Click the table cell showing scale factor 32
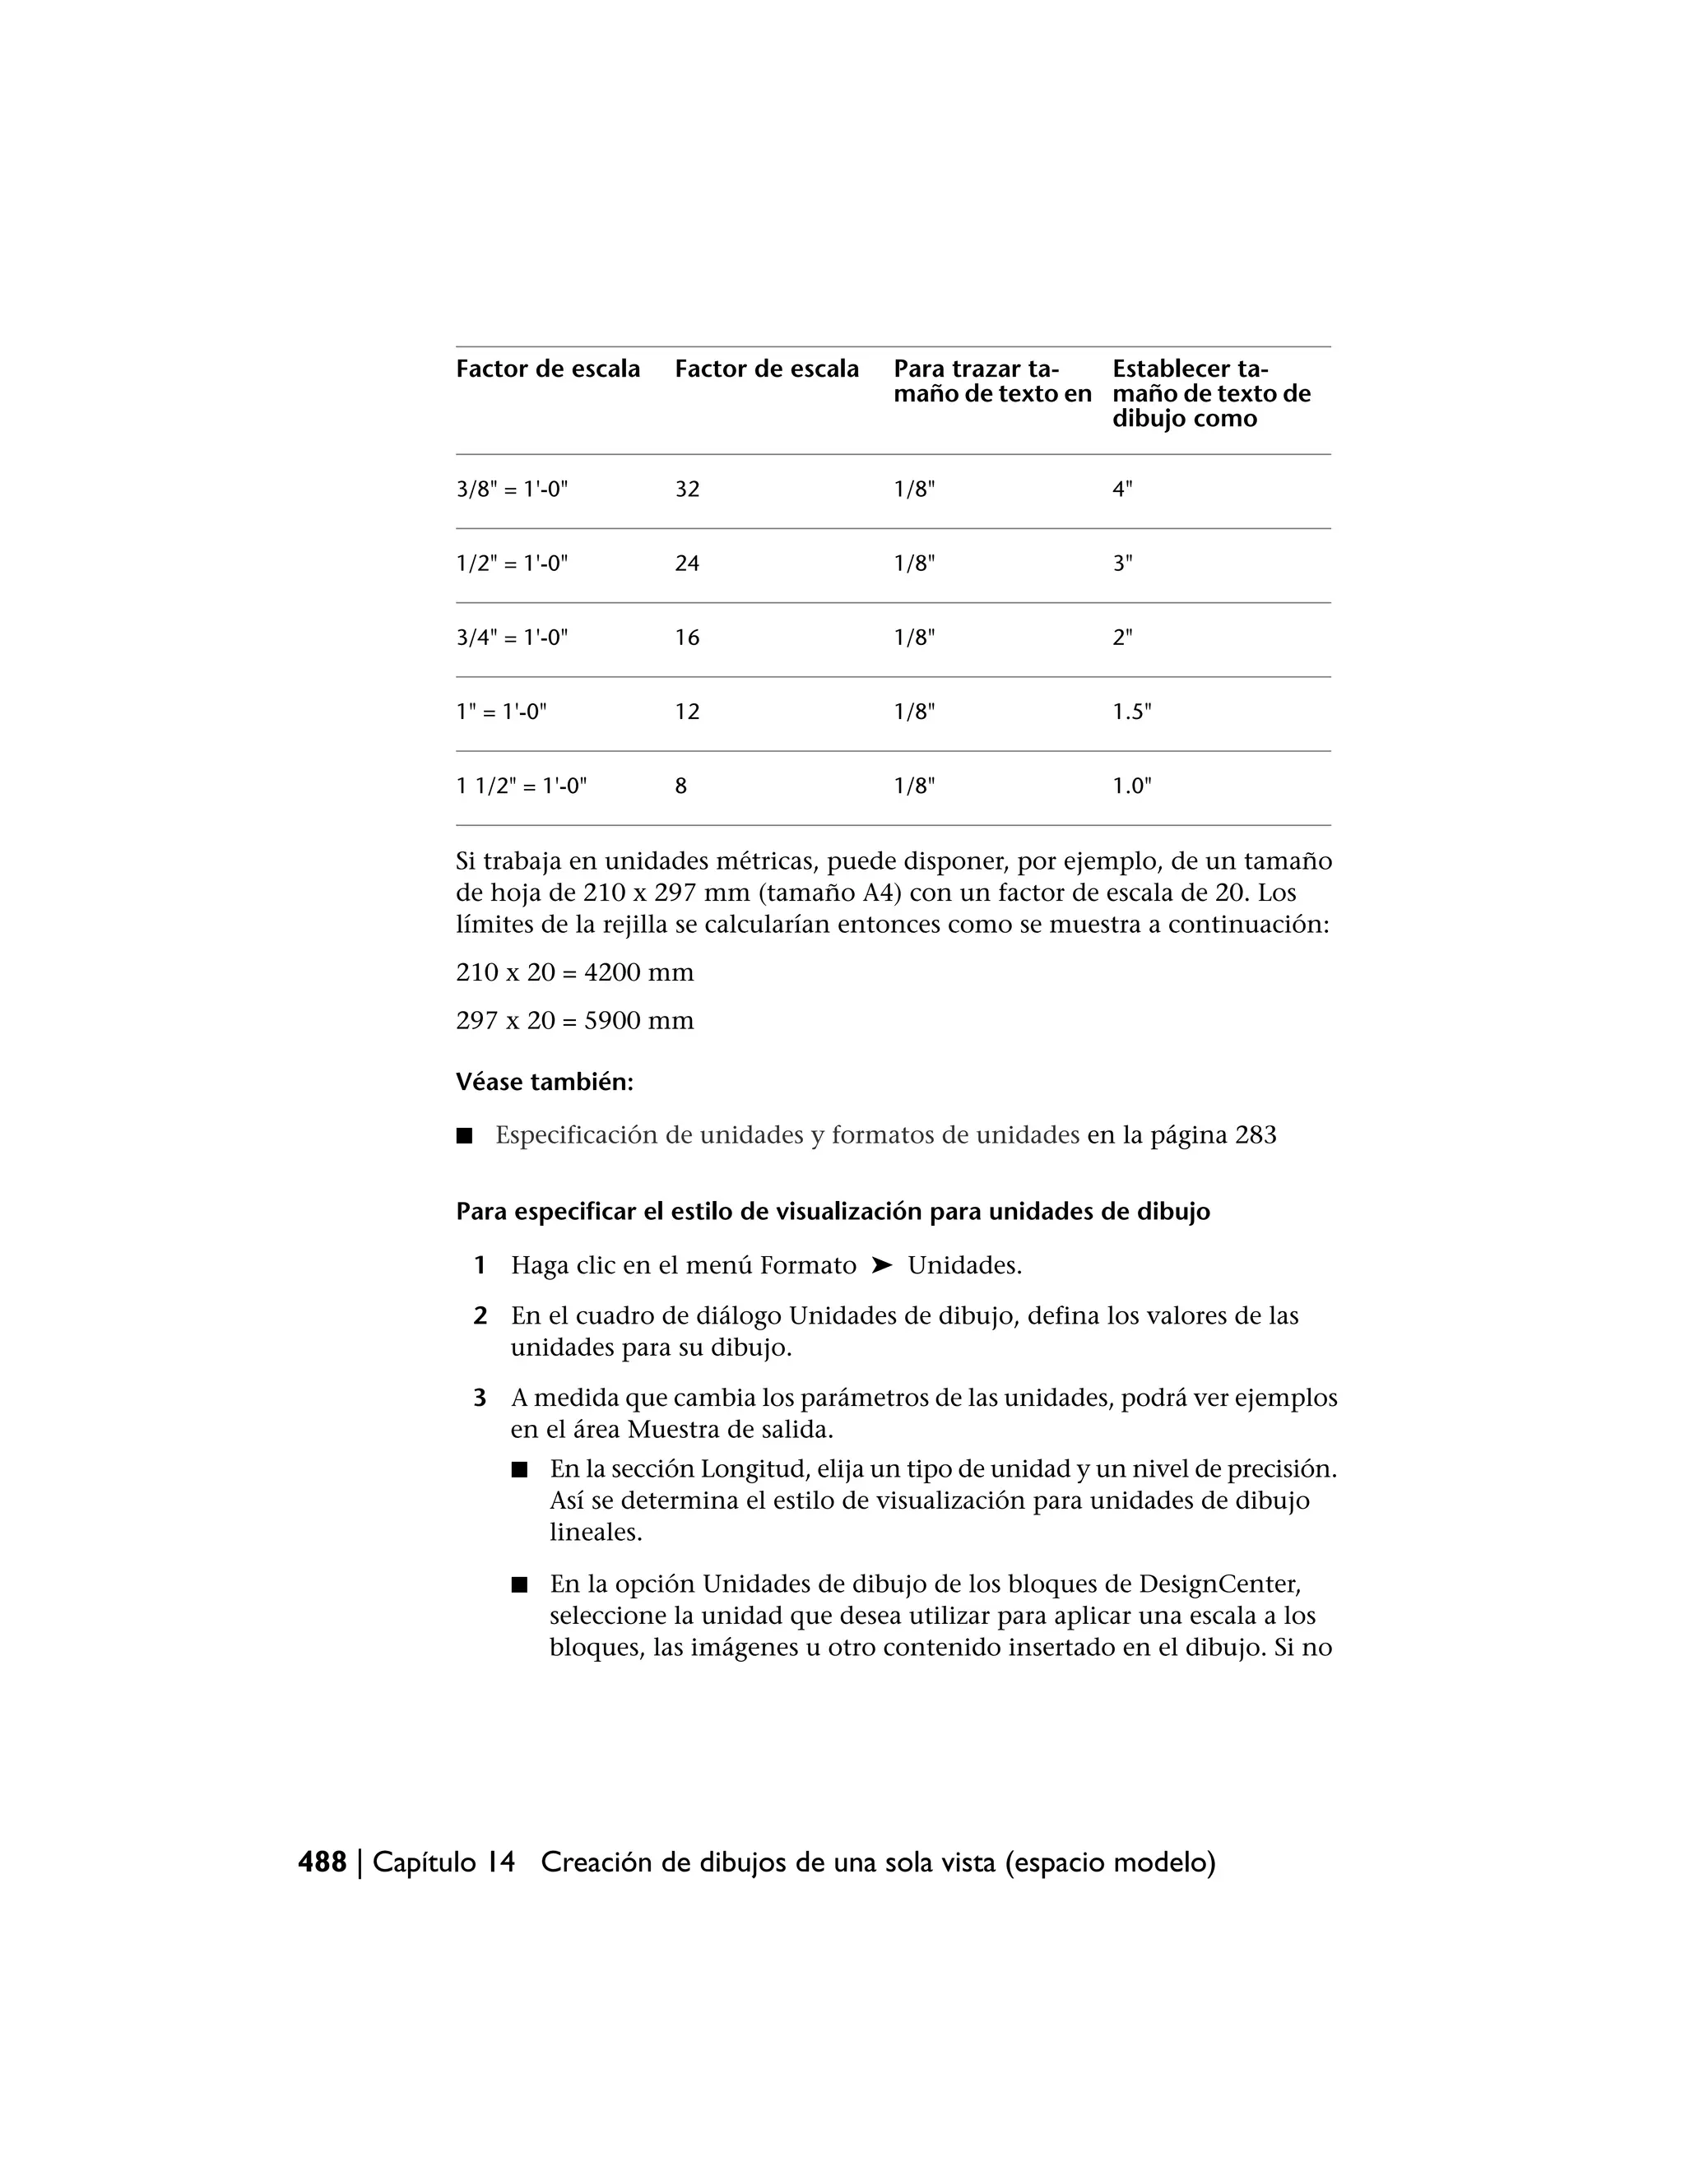coord(687,489)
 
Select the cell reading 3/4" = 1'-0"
coord(512,638)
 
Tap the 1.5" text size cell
coord(1132,712)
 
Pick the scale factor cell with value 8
coord(680,786)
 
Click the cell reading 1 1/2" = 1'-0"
coord(521,786)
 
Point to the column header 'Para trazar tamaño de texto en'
coord(991,382)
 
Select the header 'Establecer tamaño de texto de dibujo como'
coord(1211,393)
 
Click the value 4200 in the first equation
coord(612,972)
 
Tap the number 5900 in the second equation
coord(612,1020)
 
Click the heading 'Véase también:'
coord(544,1082)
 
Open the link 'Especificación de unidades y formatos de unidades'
coord(787,1135)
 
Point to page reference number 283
coord(1255,1135)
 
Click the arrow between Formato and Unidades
coord(881,1266)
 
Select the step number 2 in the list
coord(480,1315)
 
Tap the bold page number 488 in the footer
coord(323,1862)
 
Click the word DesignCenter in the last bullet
coord(1218,1584)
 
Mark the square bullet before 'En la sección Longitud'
coord(518,1469)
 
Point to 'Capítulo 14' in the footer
coord(443,1862)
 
